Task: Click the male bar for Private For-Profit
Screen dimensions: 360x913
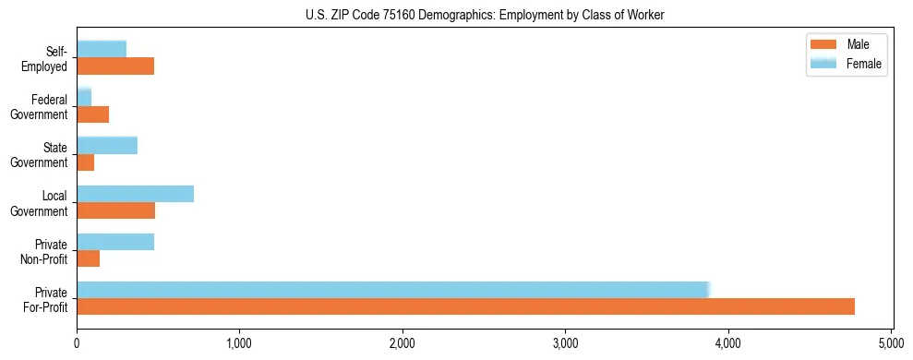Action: coord(465,306)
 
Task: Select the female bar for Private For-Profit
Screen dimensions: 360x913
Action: coord(392,289)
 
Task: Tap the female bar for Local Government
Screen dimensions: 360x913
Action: coord(135,193)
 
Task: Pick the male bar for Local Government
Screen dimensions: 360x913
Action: coord(115,210)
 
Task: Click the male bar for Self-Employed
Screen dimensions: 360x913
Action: coord(115,66)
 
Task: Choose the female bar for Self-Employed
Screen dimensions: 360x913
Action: coord(102,49)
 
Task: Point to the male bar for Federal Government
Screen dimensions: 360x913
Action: coord(92,114)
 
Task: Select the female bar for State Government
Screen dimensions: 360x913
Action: coord(107,145)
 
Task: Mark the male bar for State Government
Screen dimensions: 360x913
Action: coord(85,162)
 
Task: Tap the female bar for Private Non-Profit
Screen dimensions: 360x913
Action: coord(115,241)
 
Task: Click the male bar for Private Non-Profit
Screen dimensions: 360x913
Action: coord(88,258)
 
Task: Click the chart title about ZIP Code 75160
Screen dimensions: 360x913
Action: coord(485,15)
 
